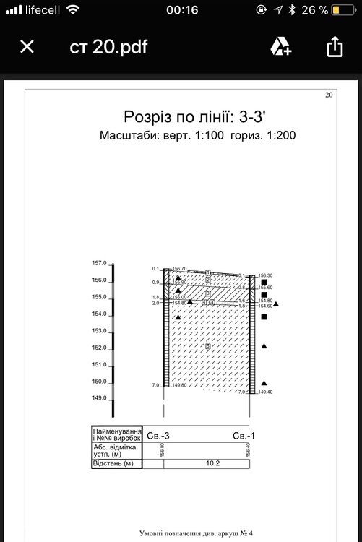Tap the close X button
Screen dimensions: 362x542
click(x=27, y=47)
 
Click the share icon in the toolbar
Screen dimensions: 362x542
click(x=334, y=47)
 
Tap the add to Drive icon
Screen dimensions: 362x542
click(x=280, y=47)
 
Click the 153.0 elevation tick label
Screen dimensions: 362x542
click(x=99, y=331)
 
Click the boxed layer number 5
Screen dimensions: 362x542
click(x=208, y=348)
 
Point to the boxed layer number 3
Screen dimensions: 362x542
click(x=208, y=294)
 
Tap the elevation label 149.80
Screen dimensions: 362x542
click(x=179, y=386)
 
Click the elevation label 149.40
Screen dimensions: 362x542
click(x=265, y=392)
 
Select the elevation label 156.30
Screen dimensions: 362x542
click(x=265, y=275)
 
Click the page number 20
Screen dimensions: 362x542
click(x=329, y=95)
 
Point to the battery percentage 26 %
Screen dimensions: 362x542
click(x=314, y=10)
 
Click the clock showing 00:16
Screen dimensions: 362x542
click(x=181, y=10)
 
